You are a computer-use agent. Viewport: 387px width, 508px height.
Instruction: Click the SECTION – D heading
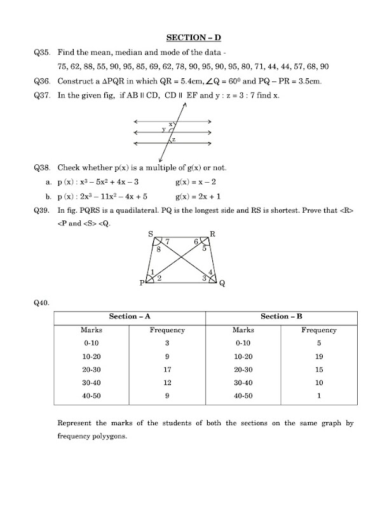click(x=193, y=38)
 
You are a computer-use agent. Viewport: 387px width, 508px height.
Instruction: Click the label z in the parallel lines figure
click(x=173, y=139)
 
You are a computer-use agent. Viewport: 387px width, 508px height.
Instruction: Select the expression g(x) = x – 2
click(x=197, y=182)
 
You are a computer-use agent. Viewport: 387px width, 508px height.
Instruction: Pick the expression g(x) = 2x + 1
click(x=200, y=196)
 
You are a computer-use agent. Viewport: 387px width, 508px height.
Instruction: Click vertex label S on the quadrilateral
click(x=151, y=235)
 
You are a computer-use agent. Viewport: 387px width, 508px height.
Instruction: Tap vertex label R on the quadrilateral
click(x=212, y=234)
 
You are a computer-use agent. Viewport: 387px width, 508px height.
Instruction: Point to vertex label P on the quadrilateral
click(x=142, y=284)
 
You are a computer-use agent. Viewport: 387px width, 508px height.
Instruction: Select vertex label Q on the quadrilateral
click(x=222, y=285)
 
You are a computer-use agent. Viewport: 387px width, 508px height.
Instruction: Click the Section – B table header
click(x=281, y=316)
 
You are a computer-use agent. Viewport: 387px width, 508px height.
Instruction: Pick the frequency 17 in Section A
click(x=167, y=370)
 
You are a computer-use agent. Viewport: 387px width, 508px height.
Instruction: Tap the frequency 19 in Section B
click(x=318, y=356)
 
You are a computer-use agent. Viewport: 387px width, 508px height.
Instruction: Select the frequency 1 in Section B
click(x=318, y=396)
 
